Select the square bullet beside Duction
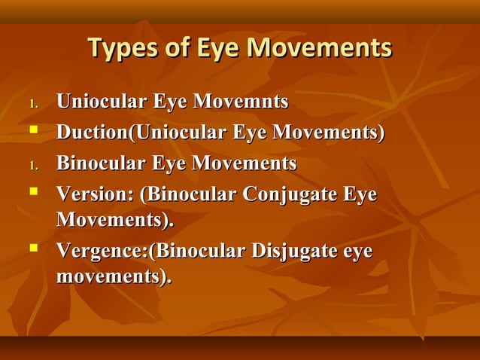[x=33, y=131]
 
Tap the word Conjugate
[x=290, y=194]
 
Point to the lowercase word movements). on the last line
[x=114, y=276]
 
